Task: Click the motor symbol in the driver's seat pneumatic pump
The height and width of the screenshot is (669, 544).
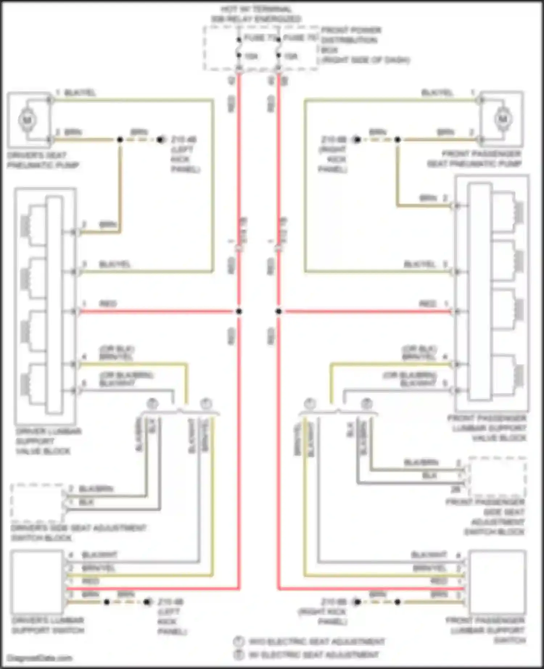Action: (27, 120)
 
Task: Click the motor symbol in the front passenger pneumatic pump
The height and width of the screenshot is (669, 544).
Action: (503, 119)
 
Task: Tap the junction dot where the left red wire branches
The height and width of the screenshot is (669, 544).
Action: (239, 311)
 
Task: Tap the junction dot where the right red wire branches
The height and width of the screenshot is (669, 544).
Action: (279, 311)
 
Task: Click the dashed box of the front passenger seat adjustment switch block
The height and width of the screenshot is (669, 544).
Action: (497, 476)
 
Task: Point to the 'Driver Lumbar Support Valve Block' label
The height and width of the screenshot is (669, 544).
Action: (44, 441)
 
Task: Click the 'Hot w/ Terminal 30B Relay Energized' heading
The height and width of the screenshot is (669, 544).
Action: (256, 14)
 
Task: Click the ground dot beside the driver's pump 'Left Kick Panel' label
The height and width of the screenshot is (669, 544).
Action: (160, 140)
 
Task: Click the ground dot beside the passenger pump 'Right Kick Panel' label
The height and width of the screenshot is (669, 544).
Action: (357, 140)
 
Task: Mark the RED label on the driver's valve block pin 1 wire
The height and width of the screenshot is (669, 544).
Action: (108, 304)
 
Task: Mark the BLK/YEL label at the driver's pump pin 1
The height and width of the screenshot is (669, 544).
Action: (80, 93)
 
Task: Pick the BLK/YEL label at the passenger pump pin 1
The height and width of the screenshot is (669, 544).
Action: (437, 93)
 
